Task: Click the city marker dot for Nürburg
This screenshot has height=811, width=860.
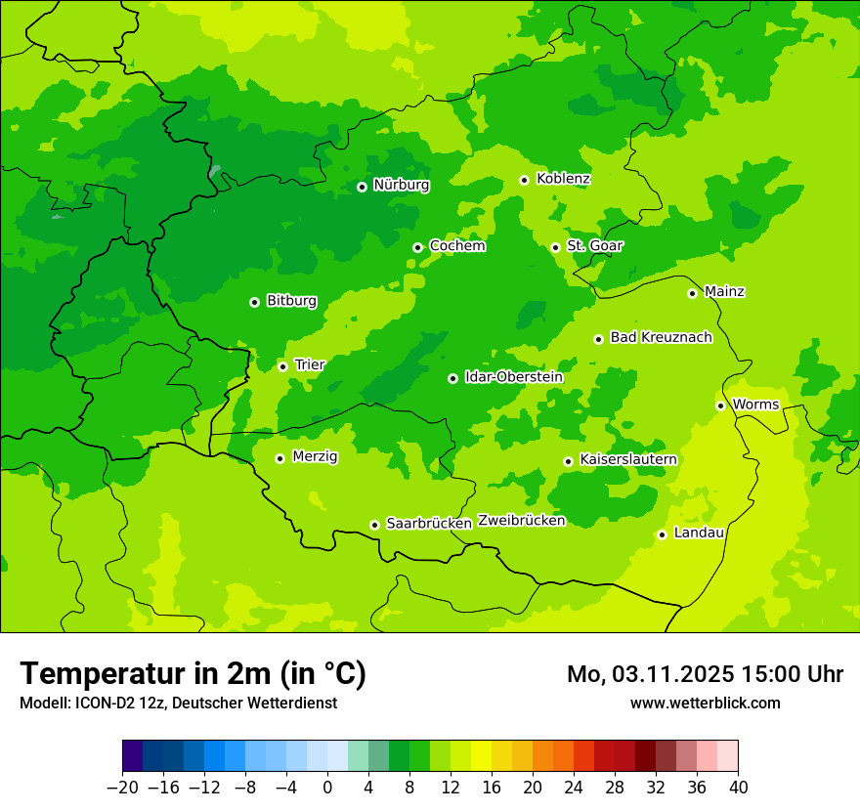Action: [362, 187]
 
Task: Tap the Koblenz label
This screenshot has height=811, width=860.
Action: [563, 179]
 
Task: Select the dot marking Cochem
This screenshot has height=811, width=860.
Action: [417, 247]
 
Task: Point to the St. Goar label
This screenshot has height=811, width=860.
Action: [594, 245]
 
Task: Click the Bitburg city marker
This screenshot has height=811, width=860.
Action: [254, 302]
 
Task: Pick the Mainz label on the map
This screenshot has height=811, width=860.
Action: [724, 291]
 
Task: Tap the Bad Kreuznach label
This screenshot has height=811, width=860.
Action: [661, 337]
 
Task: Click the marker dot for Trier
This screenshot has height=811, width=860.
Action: [282, 366]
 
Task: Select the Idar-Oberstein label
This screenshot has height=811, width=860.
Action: [514, 376]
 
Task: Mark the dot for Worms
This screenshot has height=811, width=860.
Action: [720, 405]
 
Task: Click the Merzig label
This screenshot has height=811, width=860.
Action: [315, 456]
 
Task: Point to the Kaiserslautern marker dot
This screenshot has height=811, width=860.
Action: [568, 461]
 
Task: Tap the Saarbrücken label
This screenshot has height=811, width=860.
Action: [429, 523]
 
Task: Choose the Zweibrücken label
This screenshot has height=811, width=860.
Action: [522, 521]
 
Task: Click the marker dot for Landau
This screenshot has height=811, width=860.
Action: [662, 534]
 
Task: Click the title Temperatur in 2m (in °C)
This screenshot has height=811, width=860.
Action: [193, 673]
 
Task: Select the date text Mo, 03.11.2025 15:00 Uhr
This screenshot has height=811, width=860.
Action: [705, 674]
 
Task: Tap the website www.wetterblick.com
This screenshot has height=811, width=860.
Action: [705, 703]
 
